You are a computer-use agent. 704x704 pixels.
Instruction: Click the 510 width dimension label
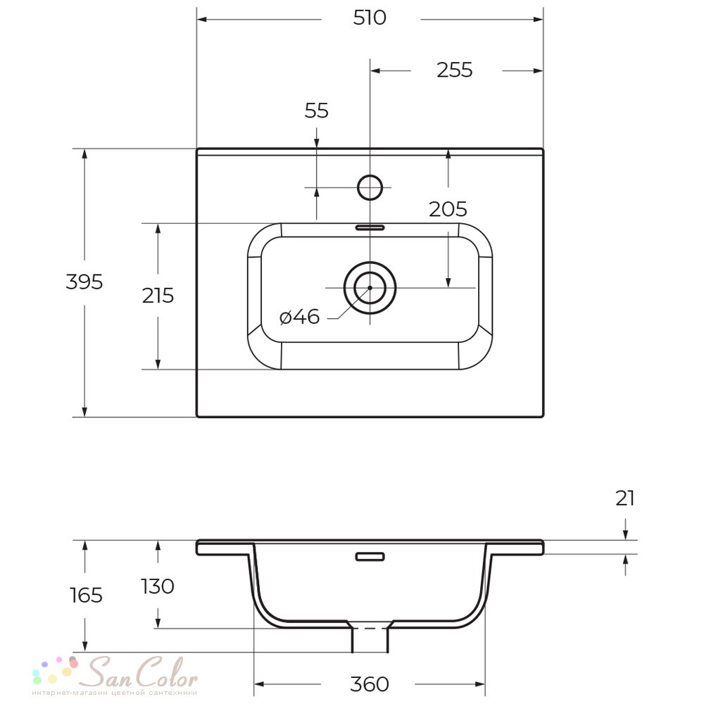tap(370, 18)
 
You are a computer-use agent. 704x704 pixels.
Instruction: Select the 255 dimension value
tap(454, 70)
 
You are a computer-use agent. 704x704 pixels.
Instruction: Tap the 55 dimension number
tap(317, 111)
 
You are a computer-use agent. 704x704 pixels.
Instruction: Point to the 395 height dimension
tap(84, 282)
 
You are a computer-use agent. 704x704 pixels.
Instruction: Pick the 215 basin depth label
tap(158, 296)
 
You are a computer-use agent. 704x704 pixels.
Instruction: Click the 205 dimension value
tap(448, 209)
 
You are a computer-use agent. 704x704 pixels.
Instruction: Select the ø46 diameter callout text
tap(299, 317)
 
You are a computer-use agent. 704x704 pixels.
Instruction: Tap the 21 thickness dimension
tap(625, 498)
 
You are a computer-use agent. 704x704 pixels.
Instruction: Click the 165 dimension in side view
tap(86, 596)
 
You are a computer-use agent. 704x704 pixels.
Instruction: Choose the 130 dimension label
tap(158, 586)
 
